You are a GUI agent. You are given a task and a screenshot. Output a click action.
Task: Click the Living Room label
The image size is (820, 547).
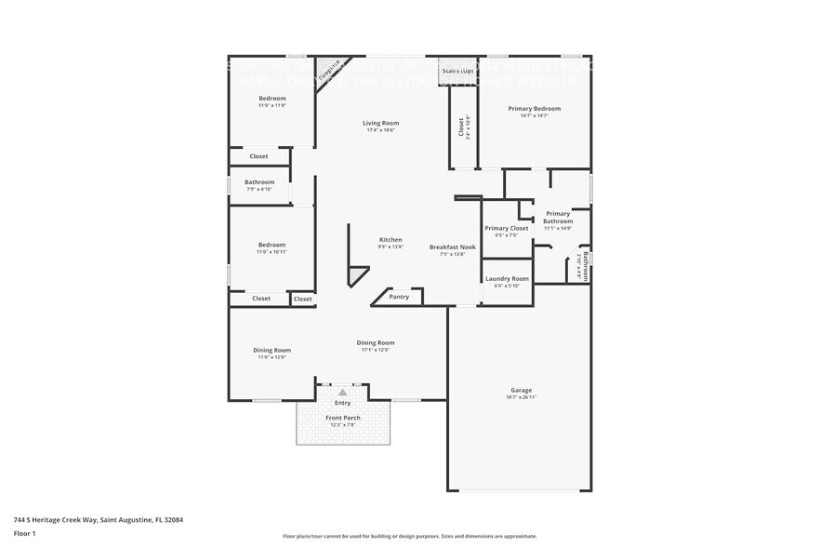tap(380, 123)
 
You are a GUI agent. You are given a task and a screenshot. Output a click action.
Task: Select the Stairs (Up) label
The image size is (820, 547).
tap(457, 70)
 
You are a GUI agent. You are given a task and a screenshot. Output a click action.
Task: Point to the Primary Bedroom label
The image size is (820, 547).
tap(534, 109)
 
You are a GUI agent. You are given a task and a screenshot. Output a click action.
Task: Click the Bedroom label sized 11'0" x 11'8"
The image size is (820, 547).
tap(272, 99)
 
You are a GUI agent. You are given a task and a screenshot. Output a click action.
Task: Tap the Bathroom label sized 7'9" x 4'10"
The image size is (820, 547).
tap(259, 182)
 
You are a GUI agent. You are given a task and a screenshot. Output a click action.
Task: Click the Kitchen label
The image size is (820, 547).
tap(390, 239)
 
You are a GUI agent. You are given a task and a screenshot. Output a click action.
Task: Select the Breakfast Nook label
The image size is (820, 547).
tap(452, 247)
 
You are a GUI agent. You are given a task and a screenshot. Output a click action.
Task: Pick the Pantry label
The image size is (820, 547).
tap(399, 297)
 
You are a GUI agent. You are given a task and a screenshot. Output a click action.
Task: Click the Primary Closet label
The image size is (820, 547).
tap(507, 228)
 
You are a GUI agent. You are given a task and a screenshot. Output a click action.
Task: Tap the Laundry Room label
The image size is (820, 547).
tap(507, 278)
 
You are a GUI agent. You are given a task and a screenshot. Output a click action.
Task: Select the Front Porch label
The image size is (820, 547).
tap(342, 418)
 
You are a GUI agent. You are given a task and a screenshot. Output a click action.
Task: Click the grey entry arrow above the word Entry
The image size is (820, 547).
tap(342, 394)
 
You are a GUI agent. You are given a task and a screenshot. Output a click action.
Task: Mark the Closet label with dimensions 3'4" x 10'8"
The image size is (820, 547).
tap(461, 127)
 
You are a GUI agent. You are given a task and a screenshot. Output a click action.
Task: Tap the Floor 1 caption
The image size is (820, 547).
tap(24, 533)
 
